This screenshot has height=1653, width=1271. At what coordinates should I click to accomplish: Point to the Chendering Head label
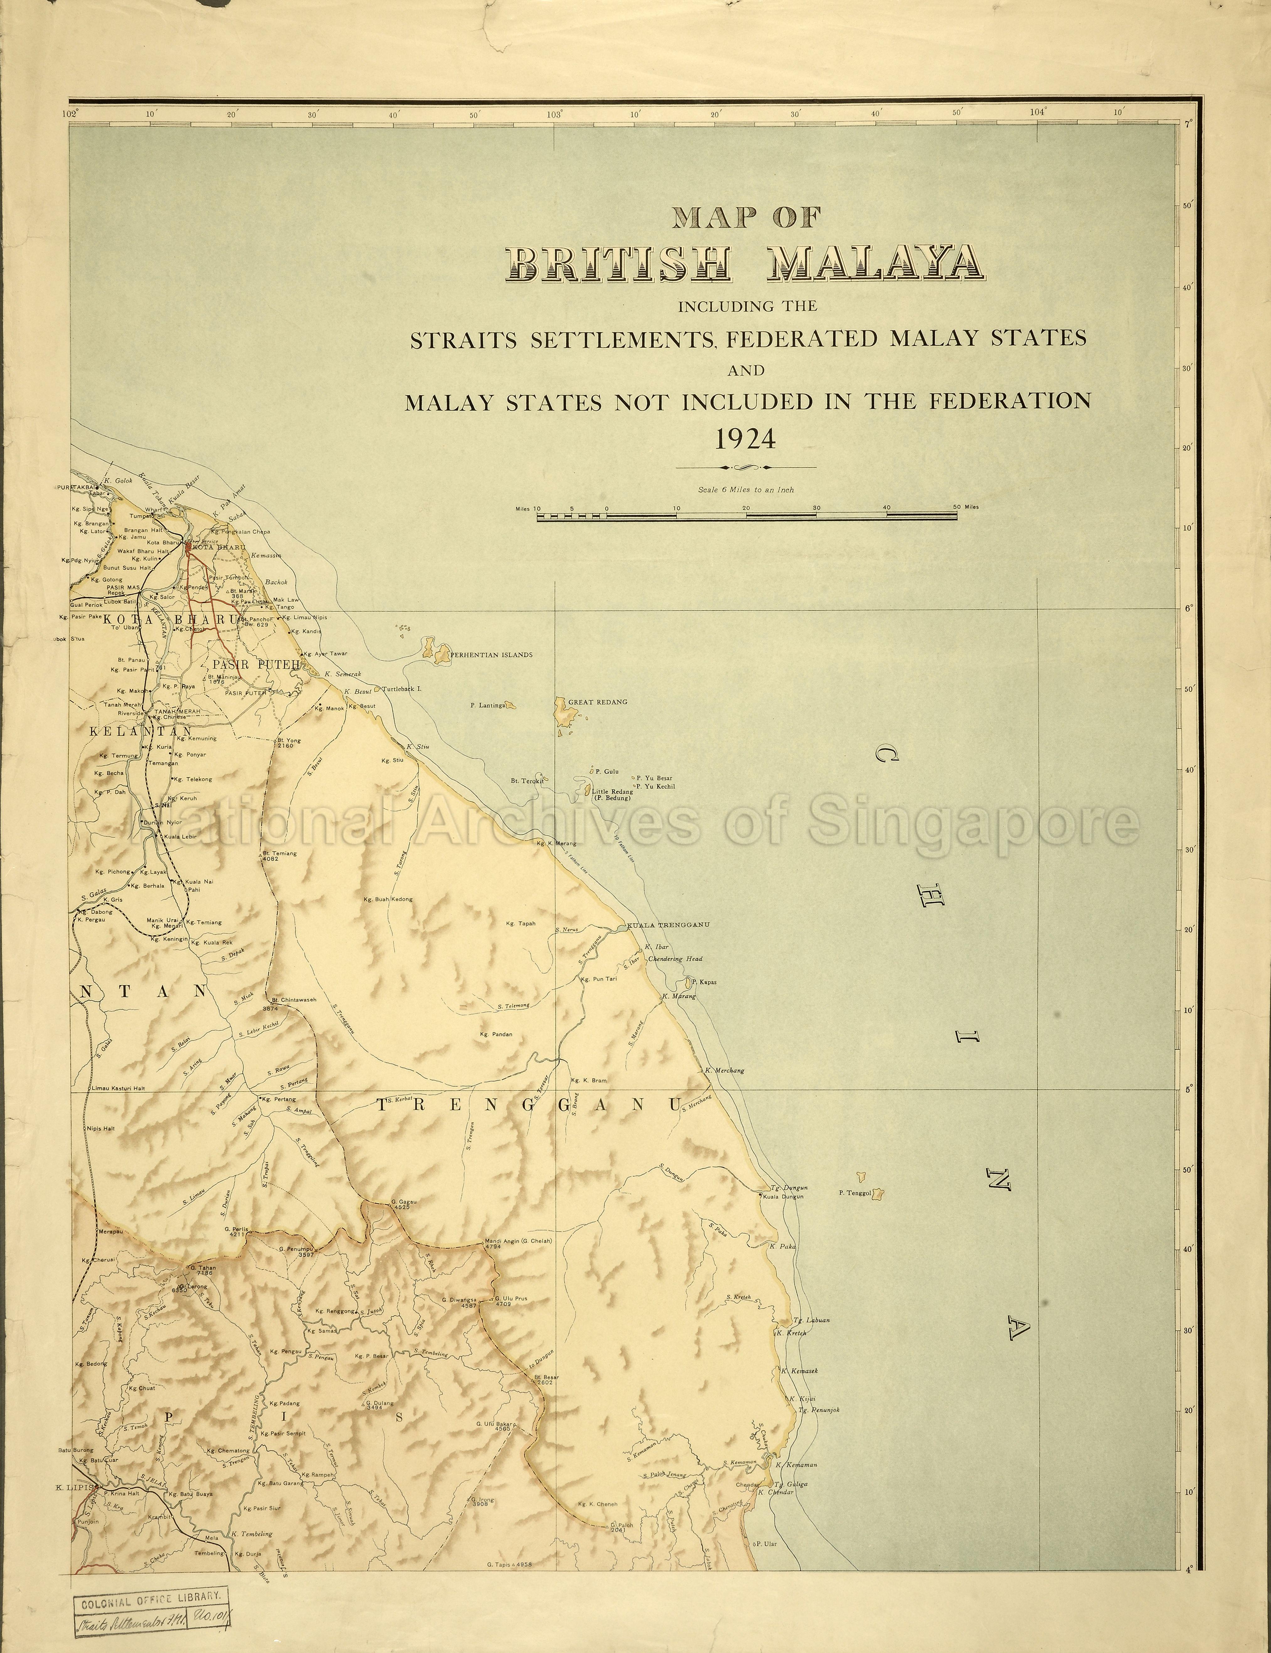pyautogui.click(x=676, y=959)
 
